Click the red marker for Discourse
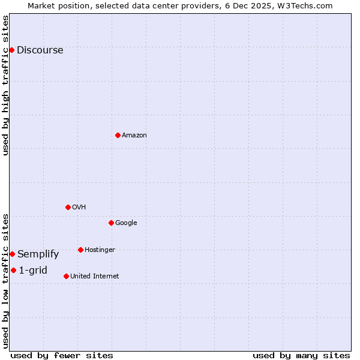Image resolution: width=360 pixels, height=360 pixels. click(x=11, y=50)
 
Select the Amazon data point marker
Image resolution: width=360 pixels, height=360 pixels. click(x=118, y=135)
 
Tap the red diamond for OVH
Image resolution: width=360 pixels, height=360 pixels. click(x=68, y=207)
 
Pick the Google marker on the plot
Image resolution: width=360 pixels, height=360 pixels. click(x=111, y=223)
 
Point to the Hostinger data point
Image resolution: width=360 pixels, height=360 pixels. click(x=80, y=250)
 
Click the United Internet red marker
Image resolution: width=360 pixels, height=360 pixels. click(x=66, y=276)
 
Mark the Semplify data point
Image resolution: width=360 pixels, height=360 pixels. click(x=12, y=254)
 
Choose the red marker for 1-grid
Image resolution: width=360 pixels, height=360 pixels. click(x=13, y=270)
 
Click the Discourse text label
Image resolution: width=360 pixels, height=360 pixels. click(x=40, y=50)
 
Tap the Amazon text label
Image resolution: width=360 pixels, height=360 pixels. click(x=134, y=136)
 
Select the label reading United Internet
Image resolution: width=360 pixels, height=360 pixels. click(x=94, y=277)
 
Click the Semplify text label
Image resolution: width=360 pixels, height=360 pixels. click(x=38, y=254)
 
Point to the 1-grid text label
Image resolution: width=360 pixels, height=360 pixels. click(x=33, y=271)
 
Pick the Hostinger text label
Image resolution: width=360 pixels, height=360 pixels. click(x=100, y=250)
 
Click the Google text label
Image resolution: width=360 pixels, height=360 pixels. click(x=126, y=223)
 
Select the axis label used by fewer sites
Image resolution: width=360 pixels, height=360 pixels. click(x=62, y=355)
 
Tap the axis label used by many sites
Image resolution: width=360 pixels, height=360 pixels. click(x=301, y=355)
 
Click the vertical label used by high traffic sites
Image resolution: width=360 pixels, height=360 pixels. click(x=5, y=85)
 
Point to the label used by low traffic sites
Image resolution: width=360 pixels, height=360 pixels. click(x=5, y=281)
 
